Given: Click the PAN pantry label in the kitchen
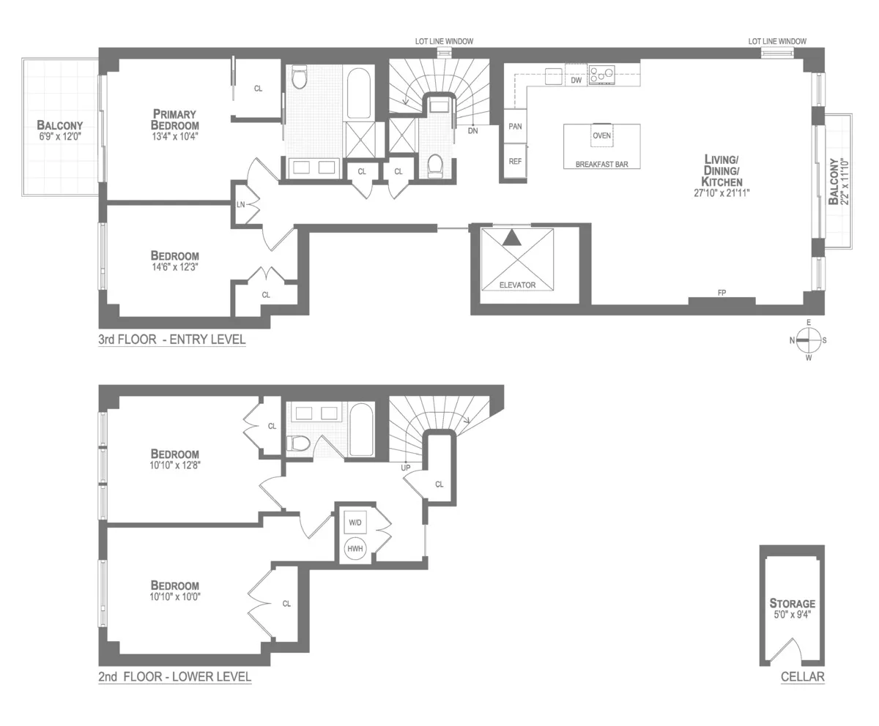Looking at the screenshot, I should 515,127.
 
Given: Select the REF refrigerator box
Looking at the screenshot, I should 515,161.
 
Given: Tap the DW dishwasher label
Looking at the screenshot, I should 576,81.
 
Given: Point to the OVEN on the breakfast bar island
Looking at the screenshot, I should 601,135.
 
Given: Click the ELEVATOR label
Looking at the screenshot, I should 517,285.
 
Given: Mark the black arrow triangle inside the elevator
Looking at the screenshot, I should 513,237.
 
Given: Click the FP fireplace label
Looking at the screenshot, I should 722,293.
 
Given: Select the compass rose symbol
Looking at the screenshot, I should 809,340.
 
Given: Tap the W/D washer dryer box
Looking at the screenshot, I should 355,523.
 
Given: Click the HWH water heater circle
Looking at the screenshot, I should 355,548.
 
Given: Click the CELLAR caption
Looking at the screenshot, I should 802,677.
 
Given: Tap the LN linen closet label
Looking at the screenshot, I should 240,204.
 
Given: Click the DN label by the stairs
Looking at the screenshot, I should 472,131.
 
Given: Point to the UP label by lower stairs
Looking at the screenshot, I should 405,467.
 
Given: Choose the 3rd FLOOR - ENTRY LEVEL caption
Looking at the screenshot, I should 172,340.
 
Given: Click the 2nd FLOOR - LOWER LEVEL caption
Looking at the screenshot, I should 174,677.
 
